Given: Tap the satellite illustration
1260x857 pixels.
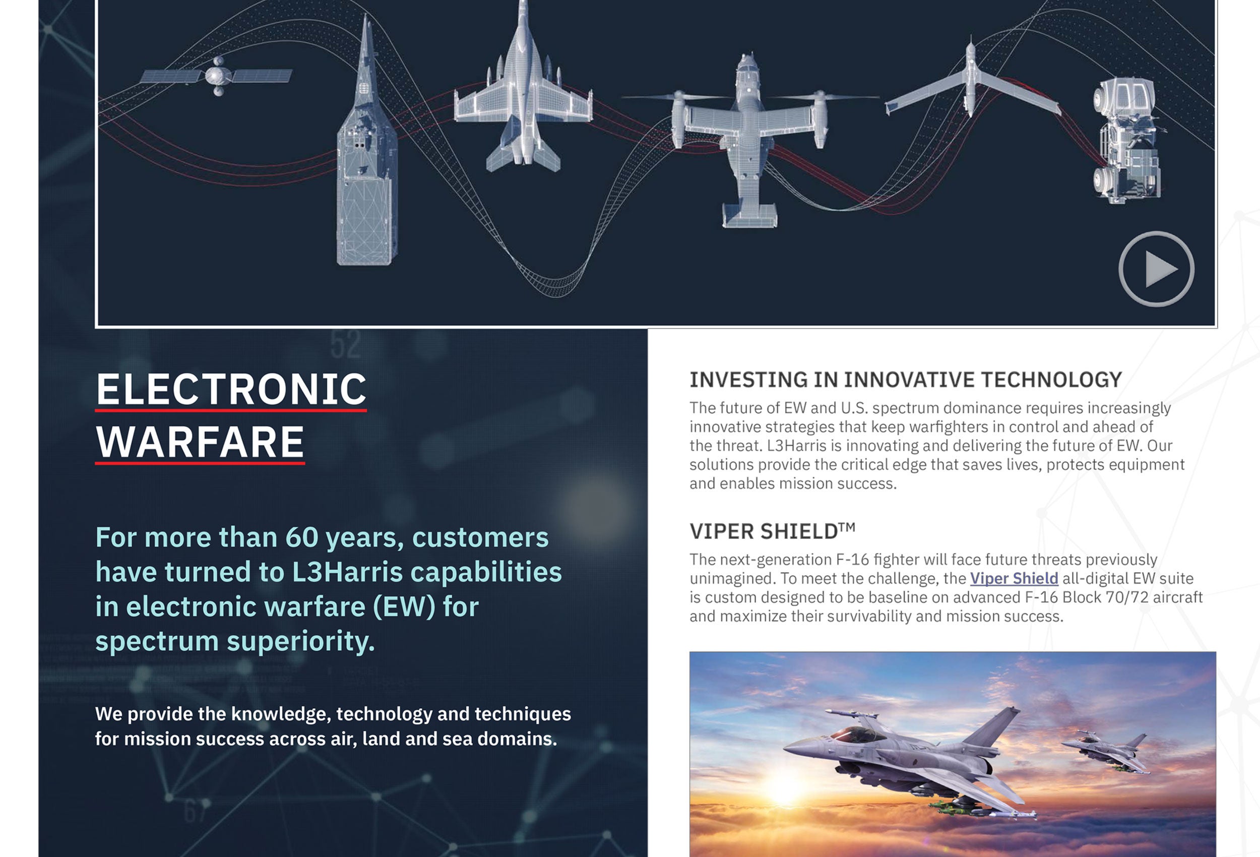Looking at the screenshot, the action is coord(217,76).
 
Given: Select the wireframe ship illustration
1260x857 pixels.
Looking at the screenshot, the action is coord(366,141).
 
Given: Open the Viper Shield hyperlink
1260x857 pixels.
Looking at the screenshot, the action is coord(1014,578).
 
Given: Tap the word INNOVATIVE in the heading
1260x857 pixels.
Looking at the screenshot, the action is coord(909,380).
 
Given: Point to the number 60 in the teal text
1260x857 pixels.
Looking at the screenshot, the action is coord(301,537).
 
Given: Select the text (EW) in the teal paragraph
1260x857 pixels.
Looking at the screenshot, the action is coord(404,606).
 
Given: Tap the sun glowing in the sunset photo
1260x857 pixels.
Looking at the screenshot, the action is coord(783,790).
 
